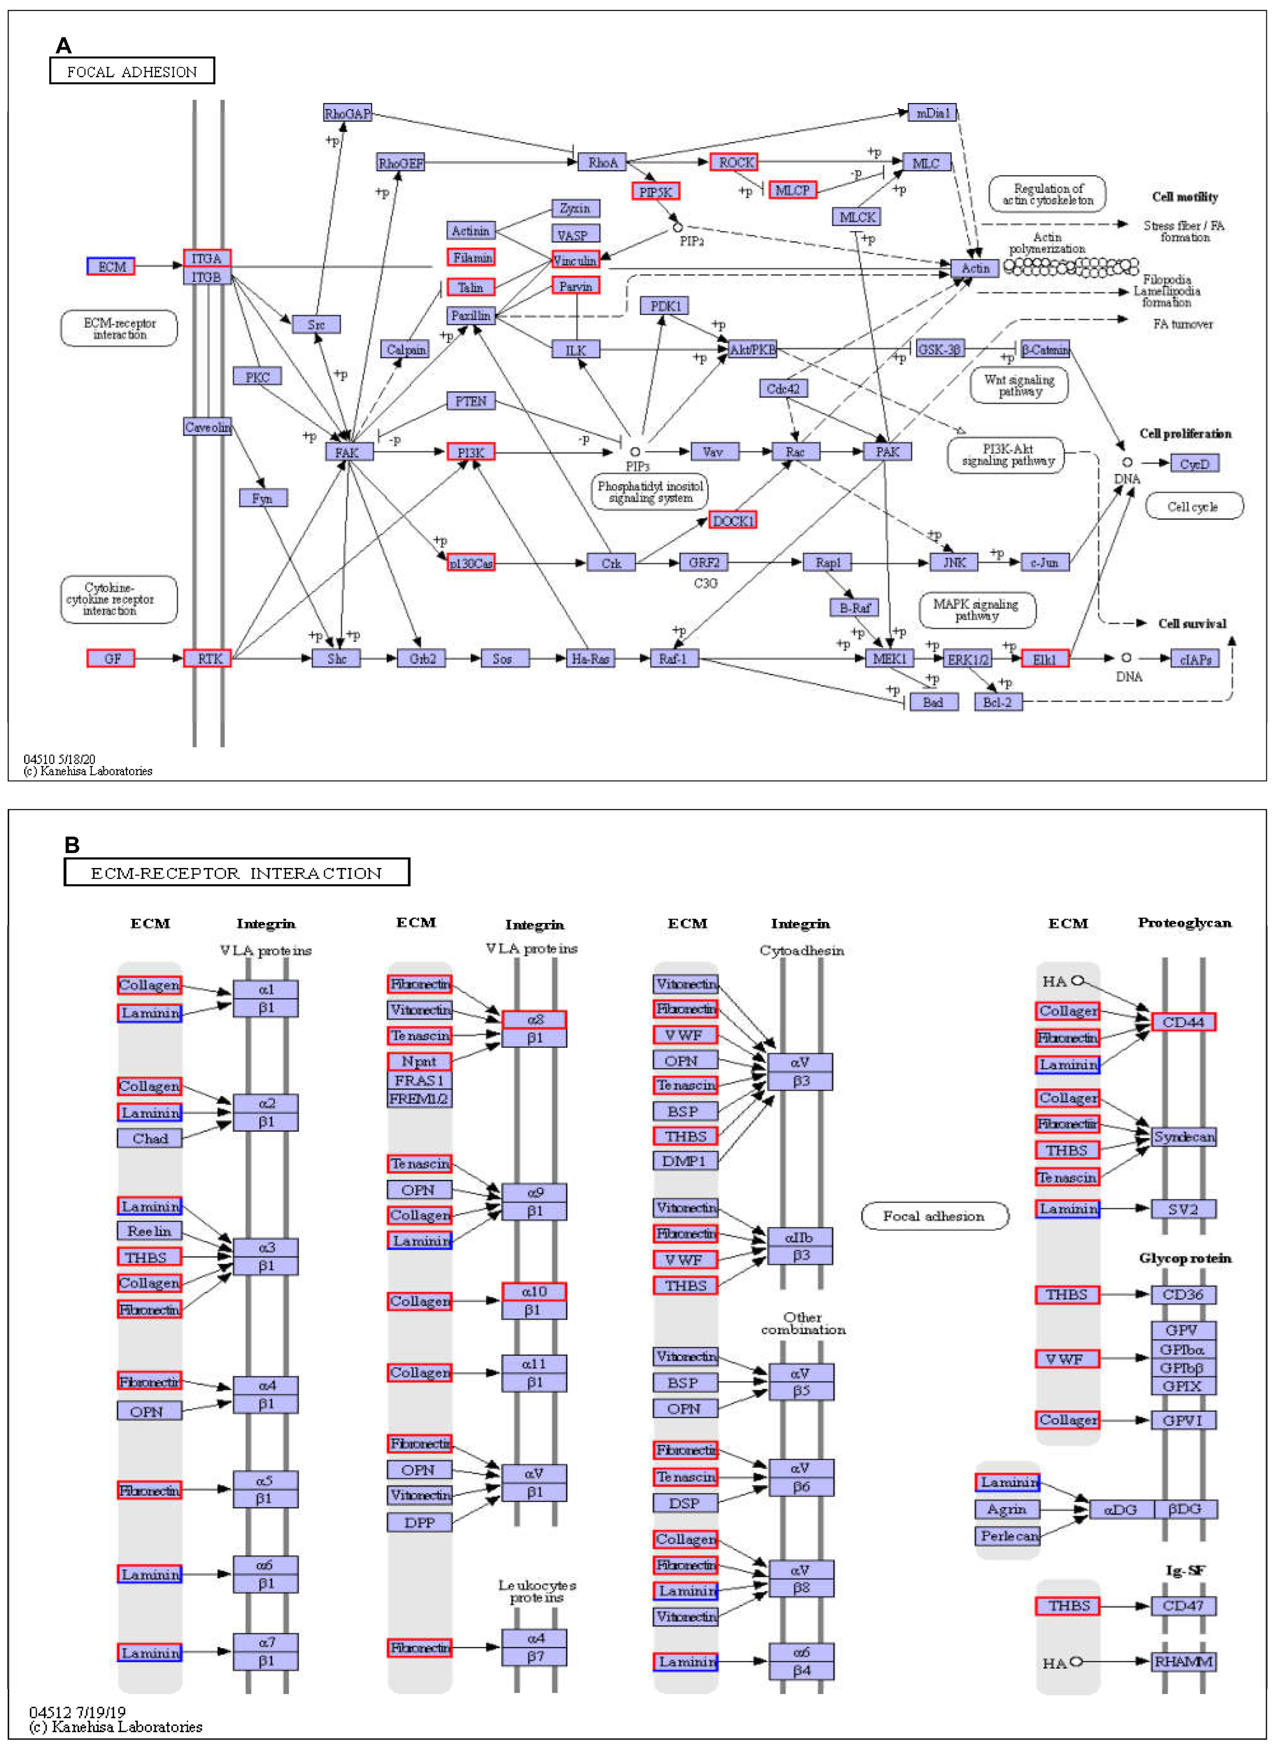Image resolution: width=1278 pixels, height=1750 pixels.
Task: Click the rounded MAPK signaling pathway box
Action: (x=976, y=610)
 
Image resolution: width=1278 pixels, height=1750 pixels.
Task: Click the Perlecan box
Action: (x=1007, y=1536)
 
